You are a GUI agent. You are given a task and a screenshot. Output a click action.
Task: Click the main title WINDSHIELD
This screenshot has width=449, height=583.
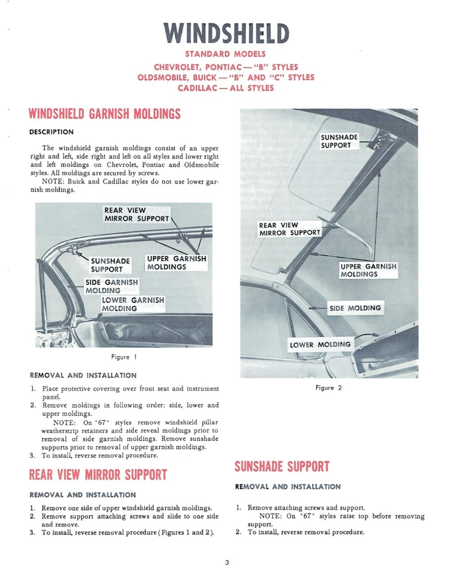point(226,33)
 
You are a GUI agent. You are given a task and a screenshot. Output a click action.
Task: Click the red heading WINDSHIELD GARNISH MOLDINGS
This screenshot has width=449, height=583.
point(105,114)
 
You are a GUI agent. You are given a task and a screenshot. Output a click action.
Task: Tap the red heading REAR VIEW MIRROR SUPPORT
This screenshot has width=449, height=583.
point(98,474)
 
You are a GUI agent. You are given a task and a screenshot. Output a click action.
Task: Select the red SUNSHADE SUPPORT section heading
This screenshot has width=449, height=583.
point(282,466)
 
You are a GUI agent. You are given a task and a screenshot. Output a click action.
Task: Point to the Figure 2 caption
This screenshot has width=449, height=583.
point(329,387)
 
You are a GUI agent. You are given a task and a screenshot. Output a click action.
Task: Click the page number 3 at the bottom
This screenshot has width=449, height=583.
point(226,562)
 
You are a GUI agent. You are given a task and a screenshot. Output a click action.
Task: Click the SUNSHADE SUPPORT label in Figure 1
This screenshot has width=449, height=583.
point(111,265)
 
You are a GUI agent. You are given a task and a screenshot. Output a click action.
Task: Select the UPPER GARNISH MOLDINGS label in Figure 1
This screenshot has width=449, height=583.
point(176,262)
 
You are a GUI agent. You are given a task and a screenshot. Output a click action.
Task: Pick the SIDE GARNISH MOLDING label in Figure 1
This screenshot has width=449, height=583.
point(111,286)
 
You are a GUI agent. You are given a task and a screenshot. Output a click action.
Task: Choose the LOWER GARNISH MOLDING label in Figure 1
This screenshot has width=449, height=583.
point(133,304)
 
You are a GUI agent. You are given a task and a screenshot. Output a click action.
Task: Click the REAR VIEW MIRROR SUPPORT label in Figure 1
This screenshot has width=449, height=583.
point(137,214)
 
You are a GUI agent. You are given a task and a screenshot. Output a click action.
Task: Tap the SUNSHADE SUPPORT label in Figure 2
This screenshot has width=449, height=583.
point(339,141)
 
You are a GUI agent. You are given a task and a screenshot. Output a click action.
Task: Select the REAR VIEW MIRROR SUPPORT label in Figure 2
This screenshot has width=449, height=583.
point(290,229)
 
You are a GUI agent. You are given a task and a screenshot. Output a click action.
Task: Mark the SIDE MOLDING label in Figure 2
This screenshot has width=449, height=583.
point(355,308)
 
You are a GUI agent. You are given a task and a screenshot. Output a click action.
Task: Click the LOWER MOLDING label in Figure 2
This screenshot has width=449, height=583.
point(321,344)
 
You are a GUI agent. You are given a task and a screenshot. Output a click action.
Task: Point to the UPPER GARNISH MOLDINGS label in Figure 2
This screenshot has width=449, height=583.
point(368,270)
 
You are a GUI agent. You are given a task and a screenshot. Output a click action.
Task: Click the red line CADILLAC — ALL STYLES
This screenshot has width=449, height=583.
point(226,88)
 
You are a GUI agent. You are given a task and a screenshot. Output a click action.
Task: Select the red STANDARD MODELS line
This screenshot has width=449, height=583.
point(226,55)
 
